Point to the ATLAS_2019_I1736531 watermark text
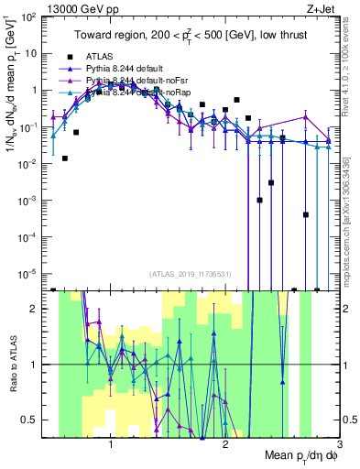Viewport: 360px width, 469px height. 191,273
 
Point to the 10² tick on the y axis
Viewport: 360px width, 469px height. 29,17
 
